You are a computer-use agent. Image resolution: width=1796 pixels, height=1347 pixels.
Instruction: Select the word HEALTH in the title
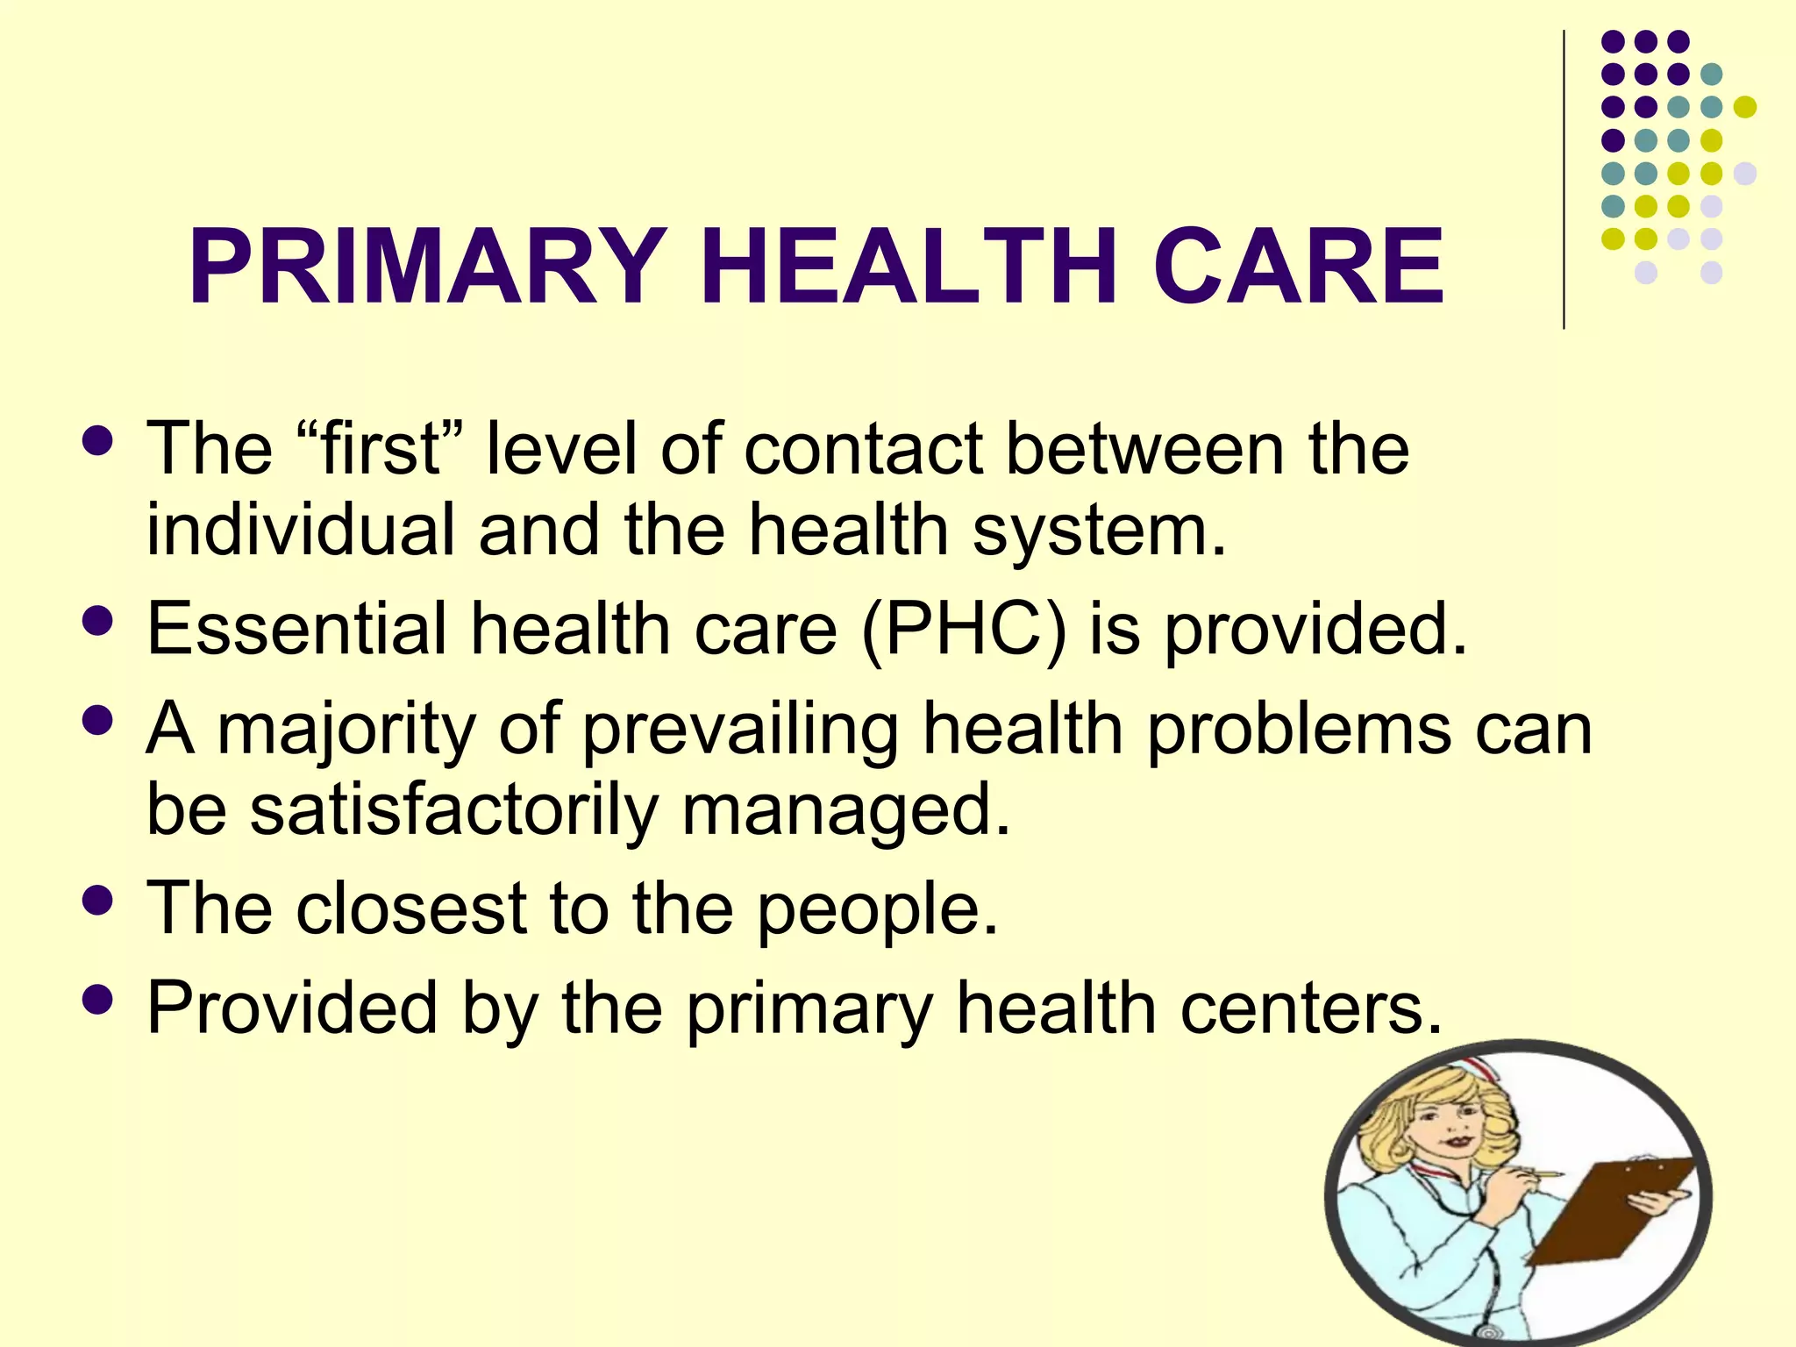(909, 267)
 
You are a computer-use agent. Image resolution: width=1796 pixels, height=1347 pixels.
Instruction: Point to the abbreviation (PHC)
(964, 630)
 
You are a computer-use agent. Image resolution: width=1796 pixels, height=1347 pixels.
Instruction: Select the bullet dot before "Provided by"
(96, 1000)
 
